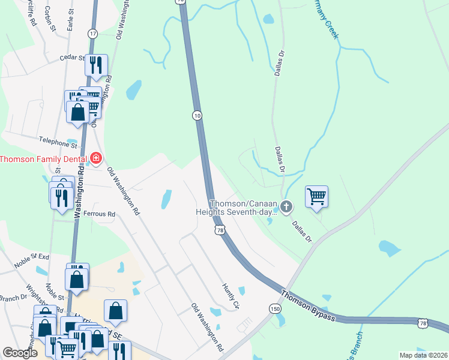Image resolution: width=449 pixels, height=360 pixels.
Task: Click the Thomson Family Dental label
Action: pyautogui.click(x=44, y=159)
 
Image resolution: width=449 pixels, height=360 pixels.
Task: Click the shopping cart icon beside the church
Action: pyautogui.click(x=316, y=196)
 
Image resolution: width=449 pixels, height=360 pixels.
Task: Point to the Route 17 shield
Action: pyautogui.click(x=92, y=34)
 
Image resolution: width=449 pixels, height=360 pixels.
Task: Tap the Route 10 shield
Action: pyautogui.click(x=197, y=115)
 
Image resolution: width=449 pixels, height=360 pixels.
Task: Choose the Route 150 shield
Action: pyautogui.click(x=275, y=308)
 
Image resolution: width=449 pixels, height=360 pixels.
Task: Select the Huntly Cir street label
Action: pyautogui.click(x=231, y=296)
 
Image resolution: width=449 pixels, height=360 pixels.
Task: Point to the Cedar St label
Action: pyautogui.click(x=73, y=58)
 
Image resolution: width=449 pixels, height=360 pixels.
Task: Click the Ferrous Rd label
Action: pyautogui.click(x=99, y=214)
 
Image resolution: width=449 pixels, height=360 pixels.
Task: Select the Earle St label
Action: pyautogui.click(x=70, y=23)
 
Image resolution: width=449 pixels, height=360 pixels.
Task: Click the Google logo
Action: pyautogui.click(x=20, y=353)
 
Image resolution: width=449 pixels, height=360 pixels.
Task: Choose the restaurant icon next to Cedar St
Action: pyautogui.click(x=96, y=65)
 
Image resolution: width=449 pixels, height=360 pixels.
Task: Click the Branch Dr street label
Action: pyautogui.click(x=14, y=297)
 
